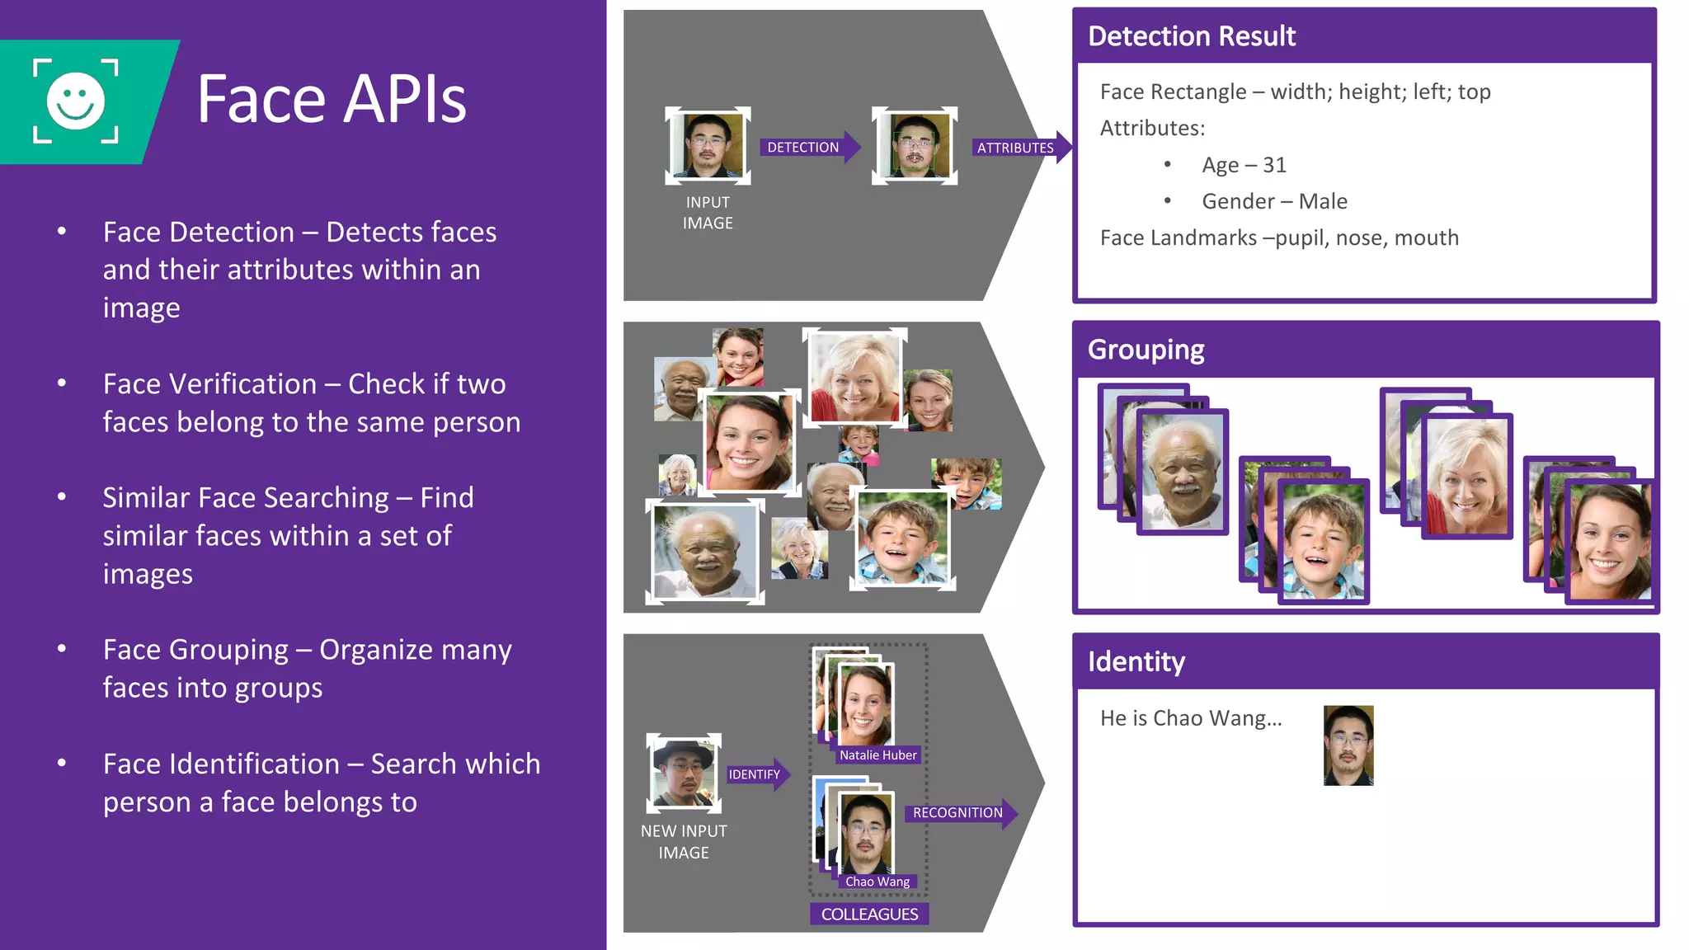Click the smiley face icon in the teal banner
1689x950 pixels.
[75, 101]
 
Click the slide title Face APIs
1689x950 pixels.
[332, 99]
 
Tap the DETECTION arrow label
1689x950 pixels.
[802, 148]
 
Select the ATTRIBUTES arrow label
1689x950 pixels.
[1015, 148]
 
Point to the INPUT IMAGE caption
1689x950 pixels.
[708, 213]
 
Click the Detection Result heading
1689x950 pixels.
[1192, 36]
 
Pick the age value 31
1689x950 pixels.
[1274, 165]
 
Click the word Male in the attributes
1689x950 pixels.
[1323, 201]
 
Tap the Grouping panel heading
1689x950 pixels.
[1146, 350]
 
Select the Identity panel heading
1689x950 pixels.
[1136, 661]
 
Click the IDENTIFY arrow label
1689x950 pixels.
[754, 774]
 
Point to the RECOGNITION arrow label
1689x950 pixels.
[957, 813]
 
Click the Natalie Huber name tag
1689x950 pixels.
[877, 755]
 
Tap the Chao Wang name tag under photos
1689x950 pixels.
[877, 882]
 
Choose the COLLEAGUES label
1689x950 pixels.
[869, 914]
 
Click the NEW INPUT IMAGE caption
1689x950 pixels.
[684, 842]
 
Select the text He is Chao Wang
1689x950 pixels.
[1190, 718]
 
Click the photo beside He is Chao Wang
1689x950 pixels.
[1348, 745]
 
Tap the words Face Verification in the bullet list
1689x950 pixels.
[209, 384]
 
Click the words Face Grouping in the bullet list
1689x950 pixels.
[195, 650]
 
